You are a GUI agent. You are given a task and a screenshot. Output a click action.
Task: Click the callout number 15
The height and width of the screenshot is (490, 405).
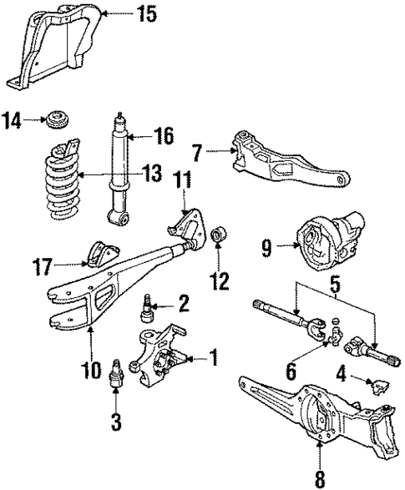pyautogui.click(x=147, y=13)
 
